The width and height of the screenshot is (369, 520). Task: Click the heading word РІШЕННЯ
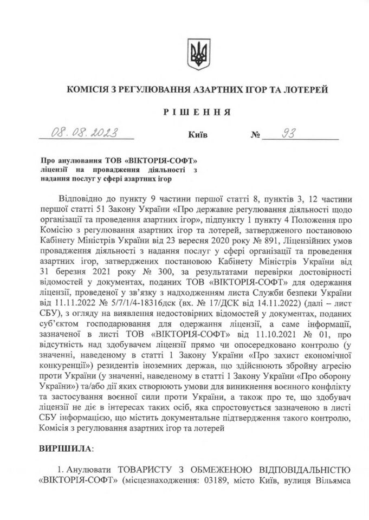[x=195, y=112]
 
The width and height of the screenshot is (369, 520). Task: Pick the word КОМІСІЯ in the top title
[x=89, y=88]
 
